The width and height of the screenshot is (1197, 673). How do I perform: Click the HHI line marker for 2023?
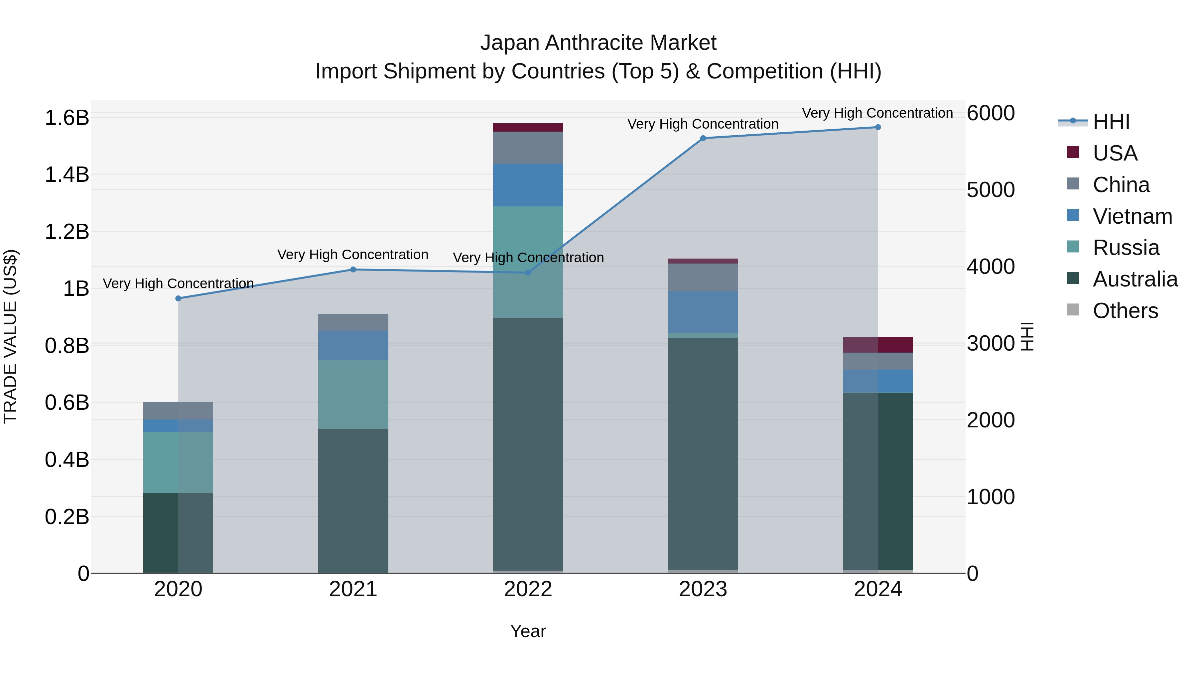(x=703, y=138)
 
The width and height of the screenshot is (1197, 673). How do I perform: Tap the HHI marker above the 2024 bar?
(x=878, y=127)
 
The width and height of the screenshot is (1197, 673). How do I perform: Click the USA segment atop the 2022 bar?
(x=528, y=127)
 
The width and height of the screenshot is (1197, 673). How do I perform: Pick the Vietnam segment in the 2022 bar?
(x=528, y=185)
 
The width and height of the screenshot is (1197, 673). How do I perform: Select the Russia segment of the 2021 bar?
(x=353, y=394)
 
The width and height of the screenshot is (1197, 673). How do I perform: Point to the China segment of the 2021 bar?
(x=353, y=322)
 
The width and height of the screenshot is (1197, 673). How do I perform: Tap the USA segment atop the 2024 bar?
(x=878, y=345)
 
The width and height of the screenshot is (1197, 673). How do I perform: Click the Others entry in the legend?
(x=1125, y=311)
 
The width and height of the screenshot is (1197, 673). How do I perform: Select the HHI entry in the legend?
(x=1111, y=122)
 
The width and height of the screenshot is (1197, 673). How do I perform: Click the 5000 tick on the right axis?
(x=991, y=190)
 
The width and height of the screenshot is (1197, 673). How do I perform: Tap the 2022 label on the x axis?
(x=528, y=589)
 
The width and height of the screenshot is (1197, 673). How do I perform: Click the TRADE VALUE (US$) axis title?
(x=10, y=336)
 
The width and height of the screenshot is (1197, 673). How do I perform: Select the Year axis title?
(x=528, y=631)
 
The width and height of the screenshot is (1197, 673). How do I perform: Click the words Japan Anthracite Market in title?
(x=598, y=43)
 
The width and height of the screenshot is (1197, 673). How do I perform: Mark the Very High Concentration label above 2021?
(x=353, y=255)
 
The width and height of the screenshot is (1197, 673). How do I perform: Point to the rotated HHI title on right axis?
(x=1027, y=336)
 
